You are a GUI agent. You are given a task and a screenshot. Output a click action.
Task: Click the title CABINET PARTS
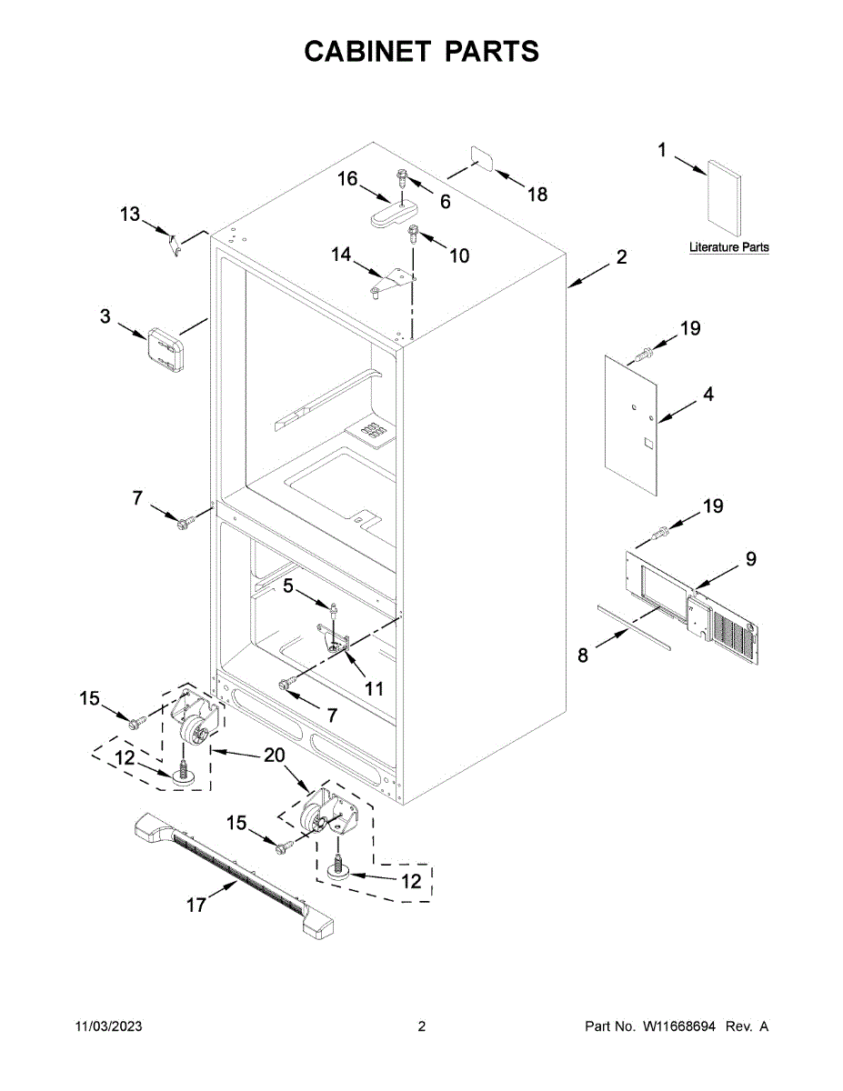(421, 52)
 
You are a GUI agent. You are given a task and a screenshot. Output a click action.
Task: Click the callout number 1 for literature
(662, 151)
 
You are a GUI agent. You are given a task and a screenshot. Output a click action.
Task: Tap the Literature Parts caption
(728, 247)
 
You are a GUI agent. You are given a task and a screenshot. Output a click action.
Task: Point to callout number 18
(537, 194)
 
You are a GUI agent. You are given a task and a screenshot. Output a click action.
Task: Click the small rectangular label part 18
(481, 158)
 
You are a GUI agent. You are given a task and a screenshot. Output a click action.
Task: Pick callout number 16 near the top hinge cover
(348, 179)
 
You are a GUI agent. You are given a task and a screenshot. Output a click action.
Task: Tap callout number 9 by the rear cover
(750, 559)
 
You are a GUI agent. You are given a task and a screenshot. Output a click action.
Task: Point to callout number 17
(196, 905)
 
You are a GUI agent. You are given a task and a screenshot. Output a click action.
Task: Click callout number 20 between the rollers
(274, 755)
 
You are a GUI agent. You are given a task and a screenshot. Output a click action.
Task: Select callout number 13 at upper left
(131, 215)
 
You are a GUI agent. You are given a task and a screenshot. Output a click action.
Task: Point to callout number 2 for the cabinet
(620, 257)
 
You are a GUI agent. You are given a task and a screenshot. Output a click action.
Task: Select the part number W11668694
(679, 1026)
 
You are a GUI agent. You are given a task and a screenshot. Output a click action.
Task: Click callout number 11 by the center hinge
(374, 688)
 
